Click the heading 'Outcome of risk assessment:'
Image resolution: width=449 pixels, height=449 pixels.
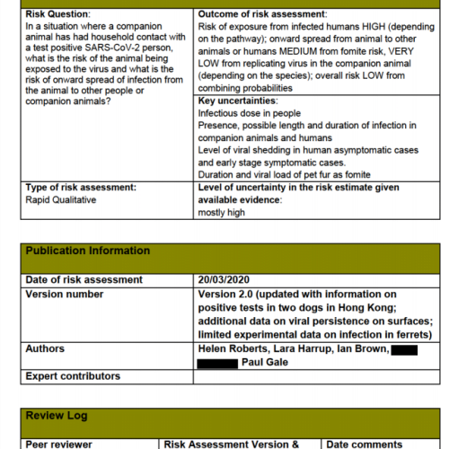tap(262, 15)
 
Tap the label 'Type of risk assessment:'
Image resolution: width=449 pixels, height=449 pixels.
tap(80, 187)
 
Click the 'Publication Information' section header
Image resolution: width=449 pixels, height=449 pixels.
tap(88, 251)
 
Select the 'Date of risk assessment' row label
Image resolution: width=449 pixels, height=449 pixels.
tap(84, 280)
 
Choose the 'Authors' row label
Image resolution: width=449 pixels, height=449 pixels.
tap(45, 348)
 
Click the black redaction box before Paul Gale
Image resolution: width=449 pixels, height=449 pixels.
tap(216, 362)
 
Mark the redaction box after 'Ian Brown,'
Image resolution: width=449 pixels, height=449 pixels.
tap(404, 348)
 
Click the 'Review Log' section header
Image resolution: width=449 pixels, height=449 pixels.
tap(56, 417)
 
